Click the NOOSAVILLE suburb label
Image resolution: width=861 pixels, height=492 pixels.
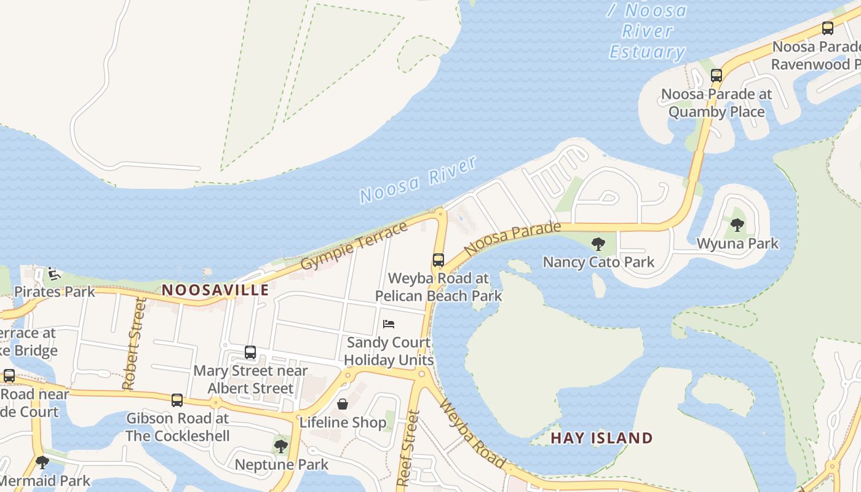215,290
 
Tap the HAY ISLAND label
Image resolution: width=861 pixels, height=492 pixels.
601,438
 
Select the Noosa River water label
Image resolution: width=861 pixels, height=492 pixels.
418,180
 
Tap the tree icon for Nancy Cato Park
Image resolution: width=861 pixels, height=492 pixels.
598,244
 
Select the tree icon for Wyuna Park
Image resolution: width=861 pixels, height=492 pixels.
737,225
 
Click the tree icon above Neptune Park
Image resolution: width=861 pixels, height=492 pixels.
281,446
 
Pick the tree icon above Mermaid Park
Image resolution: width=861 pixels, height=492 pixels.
42,462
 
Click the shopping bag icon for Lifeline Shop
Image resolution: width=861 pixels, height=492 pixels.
343,404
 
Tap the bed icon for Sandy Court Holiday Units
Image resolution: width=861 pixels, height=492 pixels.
389,323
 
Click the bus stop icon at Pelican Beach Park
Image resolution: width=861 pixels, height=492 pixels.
438,260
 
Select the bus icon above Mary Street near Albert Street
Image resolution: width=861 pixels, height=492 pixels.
250,352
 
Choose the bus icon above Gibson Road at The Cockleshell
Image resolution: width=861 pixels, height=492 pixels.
177,400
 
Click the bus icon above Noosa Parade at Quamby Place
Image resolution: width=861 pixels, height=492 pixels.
716,76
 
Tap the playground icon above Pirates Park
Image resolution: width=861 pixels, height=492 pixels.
54,274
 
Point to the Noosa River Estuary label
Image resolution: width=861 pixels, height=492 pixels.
647,31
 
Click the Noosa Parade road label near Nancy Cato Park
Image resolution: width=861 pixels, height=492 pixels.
512,239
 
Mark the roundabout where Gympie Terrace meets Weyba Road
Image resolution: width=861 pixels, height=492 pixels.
440,213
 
